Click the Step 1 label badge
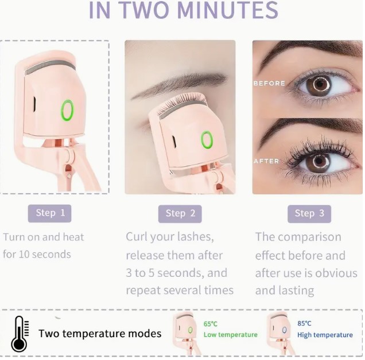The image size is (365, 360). click(x=49, y=213)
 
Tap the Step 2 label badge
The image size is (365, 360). click(x=180, y=214)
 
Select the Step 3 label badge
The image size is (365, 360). click(x=309, y=214)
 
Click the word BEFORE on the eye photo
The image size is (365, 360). click(x=269, y=83)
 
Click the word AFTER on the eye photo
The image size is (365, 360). click(x=266, y=161)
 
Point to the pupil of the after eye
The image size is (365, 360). click(x=319, y=161)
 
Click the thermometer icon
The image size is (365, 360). click(x=20, y=334)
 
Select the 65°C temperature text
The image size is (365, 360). click(x=211, y=324)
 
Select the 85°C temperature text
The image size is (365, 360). click(x=304, y=323)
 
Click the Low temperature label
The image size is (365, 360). click(x=231, y=335)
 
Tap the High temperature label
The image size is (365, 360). click(x=325, y=335)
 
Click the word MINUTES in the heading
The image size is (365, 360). click(x=228, y=10)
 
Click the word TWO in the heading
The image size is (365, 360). click(x=145, y=10)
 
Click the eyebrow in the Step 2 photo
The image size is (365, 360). click(x=179, y=84)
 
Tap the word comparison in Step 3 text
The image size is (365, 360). click(x=309, y=237)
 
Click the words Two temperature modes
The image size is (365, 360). click(x=100, y=334)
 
